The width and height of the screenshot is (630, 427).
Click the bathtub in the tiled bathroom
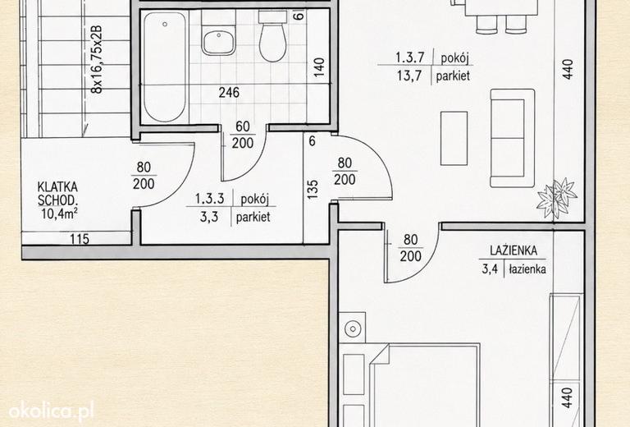pyautogui.click(x=165, y=67)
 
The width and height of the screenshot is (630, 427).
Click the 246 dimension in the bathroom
pyautogui.click(x=229, y=93)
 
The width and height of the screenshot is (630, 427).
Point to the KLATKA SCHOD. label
pyautogui.click(x=57, y=194)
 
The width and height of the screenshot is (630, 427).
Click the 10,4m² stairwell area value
pyautogui.click(x=59, y=213)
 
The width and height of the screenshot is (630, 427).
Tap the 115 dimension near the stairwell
pyautogui.click(x=80, y=239)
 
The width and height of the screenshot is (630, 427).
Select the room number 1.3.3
pyautogui.click(x=209, y=199)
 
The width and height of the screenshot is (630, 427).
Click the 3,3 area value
pyautogui.click(x=209, y=217)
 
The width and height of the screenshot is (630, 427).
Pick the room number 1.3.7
pyautogui.click(x=410, y=57)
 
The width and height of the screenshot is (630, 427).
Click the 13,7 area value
pyautogui.click(x=409, y=76)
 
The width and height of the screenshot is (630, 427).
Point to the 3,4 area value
pyautogui.click(x=490, y=269)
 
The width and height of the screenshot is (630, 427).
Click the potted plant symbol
pyautogui.click(x=557, y=199)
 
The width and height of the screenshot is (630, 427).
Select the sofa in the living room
pyautogui.click(x=512, y=138)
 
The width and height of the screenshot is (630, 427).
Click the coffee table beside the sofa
pyautogui.click(x=454, y=138)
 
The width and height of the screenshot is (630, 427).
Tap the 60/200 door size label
pyautogui.click(x=243, y=135)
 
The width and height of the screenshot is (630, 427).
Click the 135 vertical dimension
pyautogui.click(x=313, y=189)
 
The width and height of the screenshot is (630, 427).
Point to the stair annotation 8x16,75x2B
pyautogui.click(x=97, y=59)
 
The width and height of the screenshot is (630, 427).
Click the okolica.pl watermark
pyautogui.click(x=52, y=411)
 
